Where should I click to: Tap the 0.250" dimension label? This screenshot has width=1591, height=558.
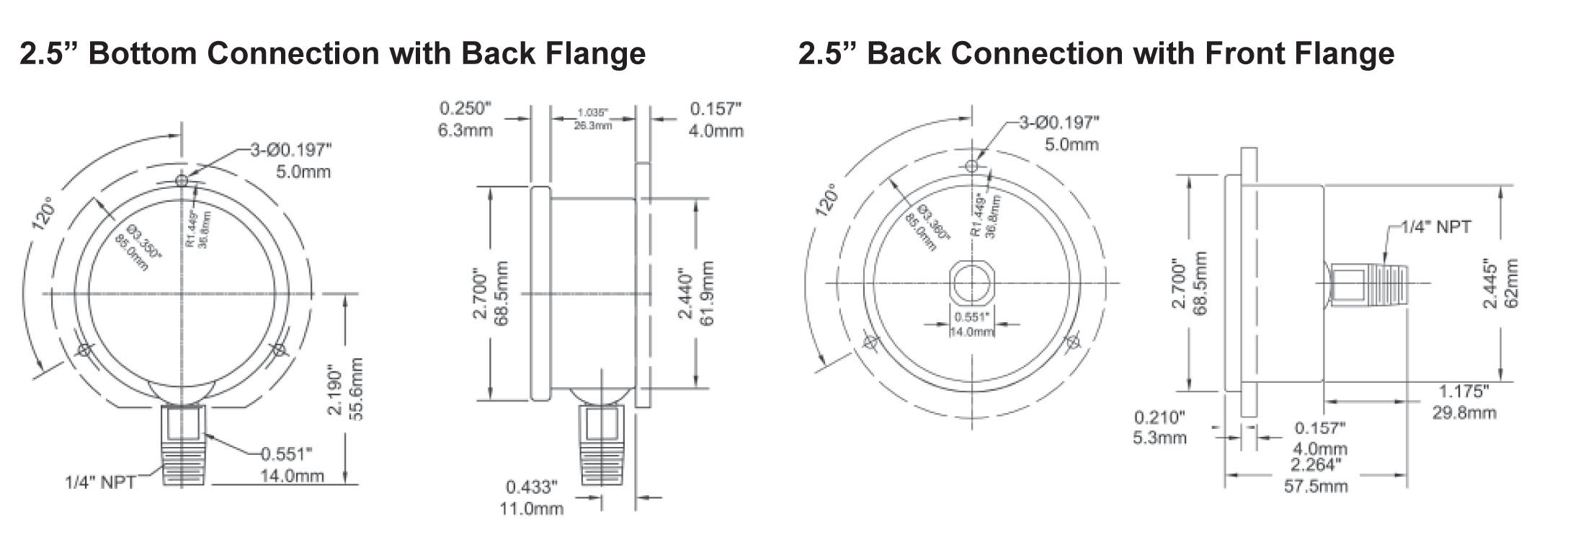465,109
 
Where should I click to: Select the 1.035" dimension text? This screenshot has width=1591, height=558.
593,113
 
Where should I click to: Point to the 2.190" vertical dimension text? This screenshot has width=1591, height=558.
335,389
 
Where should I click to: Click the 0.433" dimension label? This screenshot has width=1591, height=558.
531,487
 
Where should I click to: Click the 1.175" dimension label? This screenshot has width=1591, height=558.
1463,391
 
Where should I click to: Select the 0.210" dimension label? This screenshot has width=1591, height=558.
1159,417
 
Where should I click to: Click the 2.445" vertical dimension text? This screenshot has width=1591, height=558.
1490,284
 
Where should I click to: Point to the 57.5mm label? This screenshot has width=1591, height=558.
1316,486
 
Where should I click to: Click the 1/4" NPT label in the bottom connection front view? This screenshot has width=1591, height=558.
100,482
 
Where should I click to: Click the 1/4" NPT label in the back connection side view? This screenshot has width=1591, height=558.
1435,227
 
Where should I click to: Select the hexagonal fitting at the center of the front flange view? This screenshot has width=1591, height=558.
972,283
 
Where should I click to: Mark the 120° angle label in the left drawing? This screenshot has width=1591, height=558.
44,213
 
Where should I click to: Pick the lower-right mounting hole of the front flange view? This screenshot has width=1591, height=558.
1074,342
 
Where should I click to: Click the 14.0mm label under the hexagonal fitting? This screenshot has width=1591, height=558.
972,332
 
